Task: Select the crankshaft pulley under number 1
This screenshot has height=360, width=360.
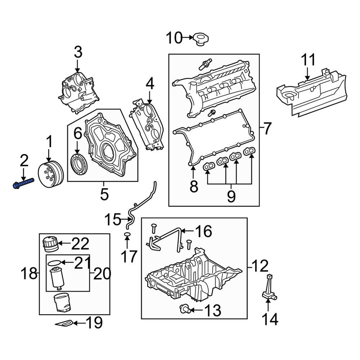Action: (x=51, y=174)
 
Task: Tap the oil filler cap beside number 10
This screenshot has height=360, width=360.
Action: (x=201, y=39)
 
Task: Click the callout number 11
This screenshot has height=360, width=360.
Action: (x=308, y=60)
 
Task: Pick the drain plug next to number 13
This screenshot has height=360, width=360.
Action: (x=184, y=309)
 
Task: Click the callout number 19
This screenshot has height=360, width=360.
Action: (x=94, y=323)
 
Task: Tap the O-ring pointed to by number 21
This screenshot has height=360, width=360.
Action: (x=54, y=262)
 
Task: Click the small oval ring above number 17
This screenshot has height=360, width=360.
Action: (x=127, y=234)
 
